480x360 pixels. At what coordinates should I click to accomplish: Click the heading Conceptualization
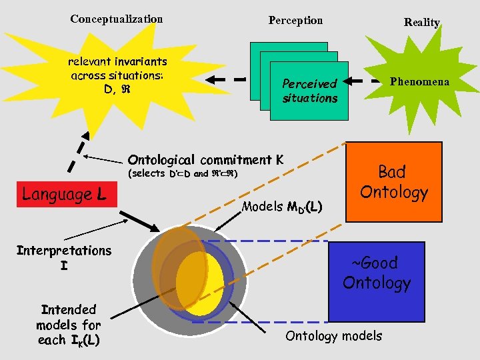coord(116,19)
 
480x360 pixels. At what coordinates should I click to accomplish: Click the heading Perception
coord(295,21)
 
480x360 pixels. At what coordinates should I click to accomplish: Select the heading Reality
coord(421,23)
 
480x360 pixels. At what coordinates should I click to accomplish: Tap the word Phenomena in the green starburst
coord(419,82)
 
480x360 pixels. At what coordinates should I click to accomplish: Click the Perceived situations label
coord(309,91)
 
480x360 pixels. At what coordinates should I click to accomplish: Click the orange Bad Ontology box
coord(393,182)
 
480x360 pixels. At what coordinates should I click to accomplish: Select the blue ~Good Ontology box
coord(377,273)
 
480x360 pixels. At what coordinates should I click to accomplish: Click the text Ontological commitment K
coord(205,160)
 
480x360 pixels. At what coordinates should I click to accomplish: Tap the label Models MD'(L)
coord(282,207)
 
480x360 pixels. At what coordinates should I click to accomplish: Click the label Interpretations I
coord(64,258)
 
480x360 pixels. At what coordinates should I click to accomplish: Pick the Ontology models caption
coord(333,336)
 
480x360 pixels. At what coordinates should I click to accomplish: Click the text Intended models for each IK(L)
coord(69,325)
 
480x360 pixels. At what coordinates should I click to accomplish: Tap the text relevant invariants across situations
coord(117,75)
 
